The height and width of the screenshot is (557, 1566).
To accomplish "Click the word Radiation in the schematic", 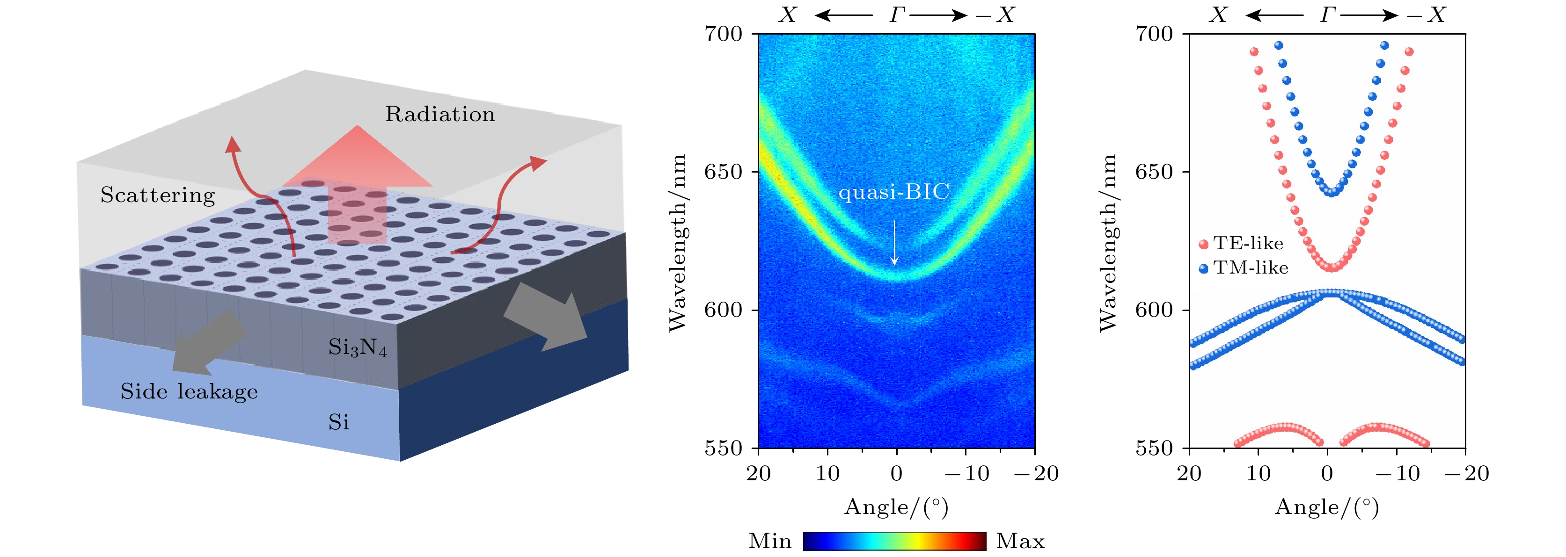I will tap(439, 114).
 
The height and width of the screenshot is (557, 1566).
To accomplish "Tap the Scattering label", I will tap(157, 195).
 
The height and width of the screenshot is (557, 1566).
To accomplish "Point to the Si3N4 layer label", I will tap(358, 347).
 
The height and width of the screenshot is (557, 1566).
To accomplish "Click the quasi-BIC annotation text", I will tap(893, 192).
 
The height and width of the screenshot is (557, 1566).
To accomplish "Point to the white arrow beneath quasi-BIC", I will tap(894, 243).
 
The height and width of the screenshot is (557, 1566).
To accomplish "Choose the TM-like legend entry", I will tap(1244, 268).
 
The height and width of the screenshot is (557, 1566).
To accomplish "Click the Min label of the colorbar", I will tap(769, 541).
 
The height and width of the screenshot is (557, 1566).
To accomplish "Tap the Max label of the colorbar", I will tap(1020, 541).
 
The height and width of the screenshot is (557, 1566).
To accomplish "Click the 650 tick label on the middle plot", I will tap(724, 172).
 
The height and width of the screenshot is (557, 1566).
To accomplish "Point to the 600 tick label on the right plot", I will tap(1154, 310).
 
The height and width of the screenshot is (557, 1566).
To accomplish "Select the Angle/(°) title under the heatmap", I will tap(896, 506).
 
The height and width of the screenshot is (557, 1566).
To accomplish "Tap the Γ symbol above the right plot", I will tap(1328, 14).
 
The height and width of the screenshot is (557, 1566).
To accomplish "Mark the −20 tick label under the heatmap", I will tap(1037, 473).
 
